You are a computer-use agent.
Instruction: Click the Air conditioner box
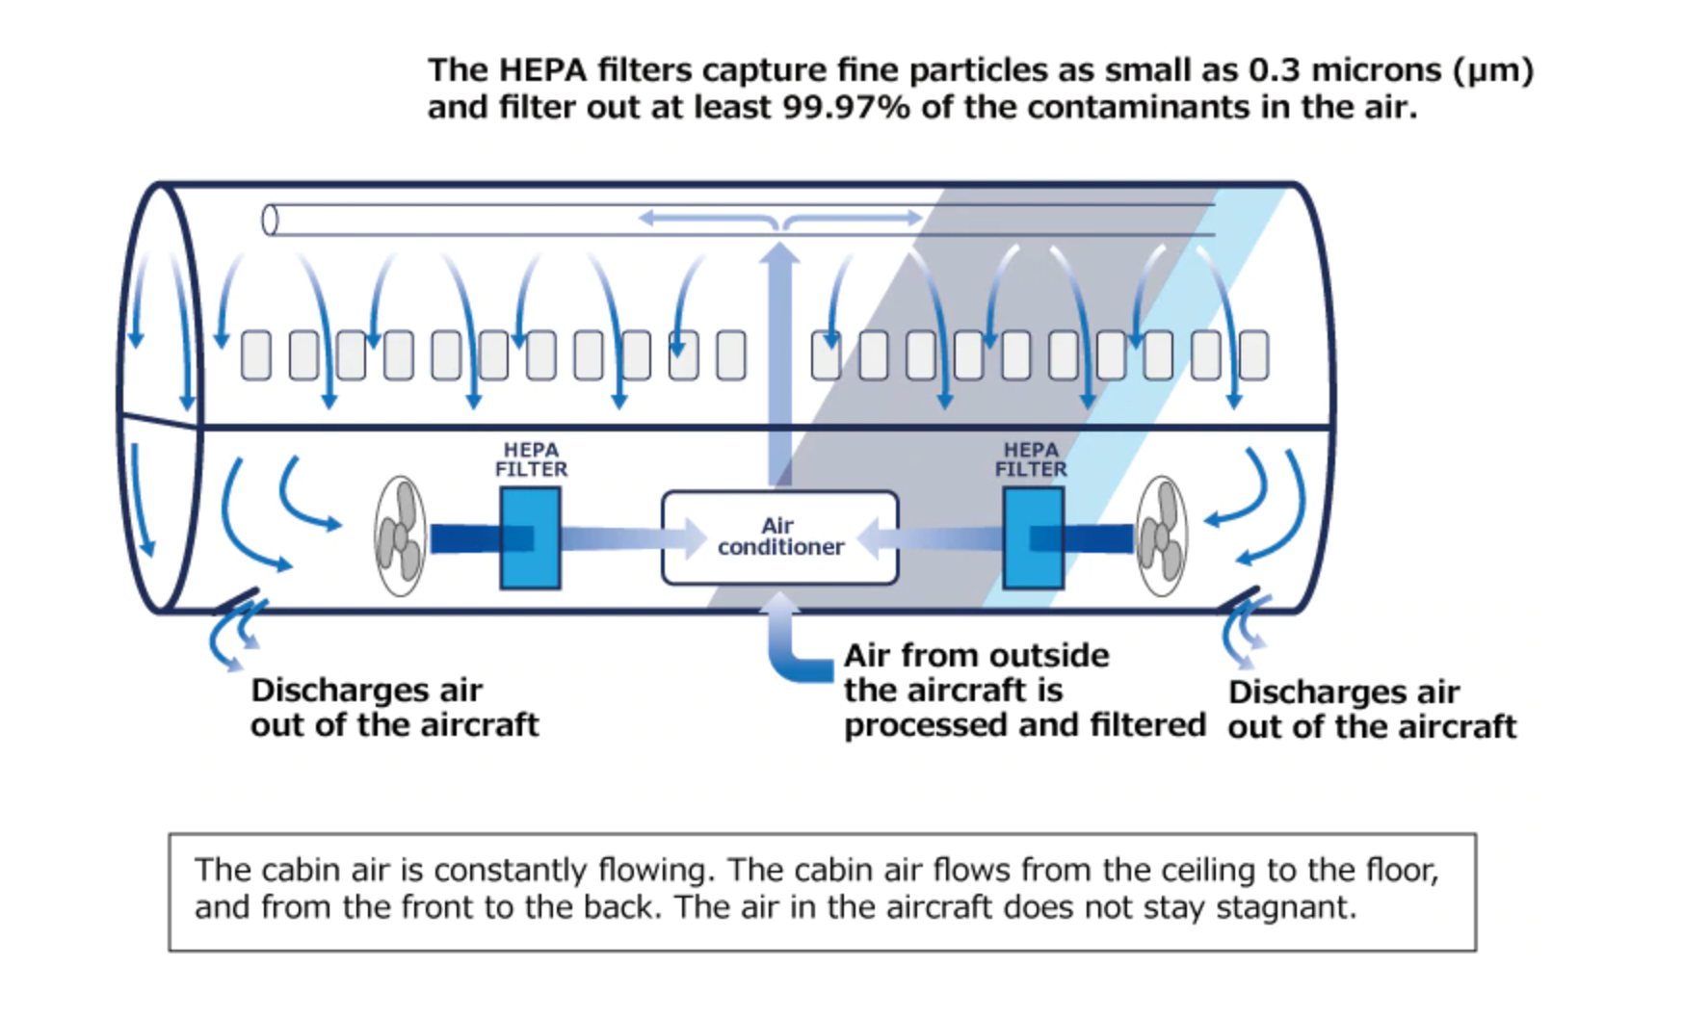779,536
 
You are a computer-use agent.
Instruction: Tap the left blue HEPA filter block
530,537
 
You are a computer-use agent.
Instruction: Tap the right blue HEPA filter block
1033,537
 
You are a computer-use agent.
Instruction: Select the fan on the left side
400,536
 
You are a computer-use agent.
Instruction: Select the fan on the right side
1161,536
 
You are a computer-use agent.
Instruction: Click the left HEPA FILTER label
531,459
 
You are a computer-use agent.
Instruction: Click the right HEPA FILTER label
1031,459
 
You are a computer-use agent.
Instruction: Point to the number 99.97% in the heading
846,107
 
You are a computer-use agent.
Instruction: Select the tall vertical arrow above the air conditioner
779,366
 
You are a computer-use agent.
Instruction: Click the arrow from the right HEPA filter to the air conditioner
930,537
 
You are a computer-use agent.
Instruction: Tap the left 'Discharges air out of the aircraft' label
393,707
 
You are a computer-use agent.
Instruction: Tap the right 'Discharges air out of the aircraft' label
1371,709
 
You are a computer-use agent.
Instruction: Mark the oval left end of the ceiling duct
270,221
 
